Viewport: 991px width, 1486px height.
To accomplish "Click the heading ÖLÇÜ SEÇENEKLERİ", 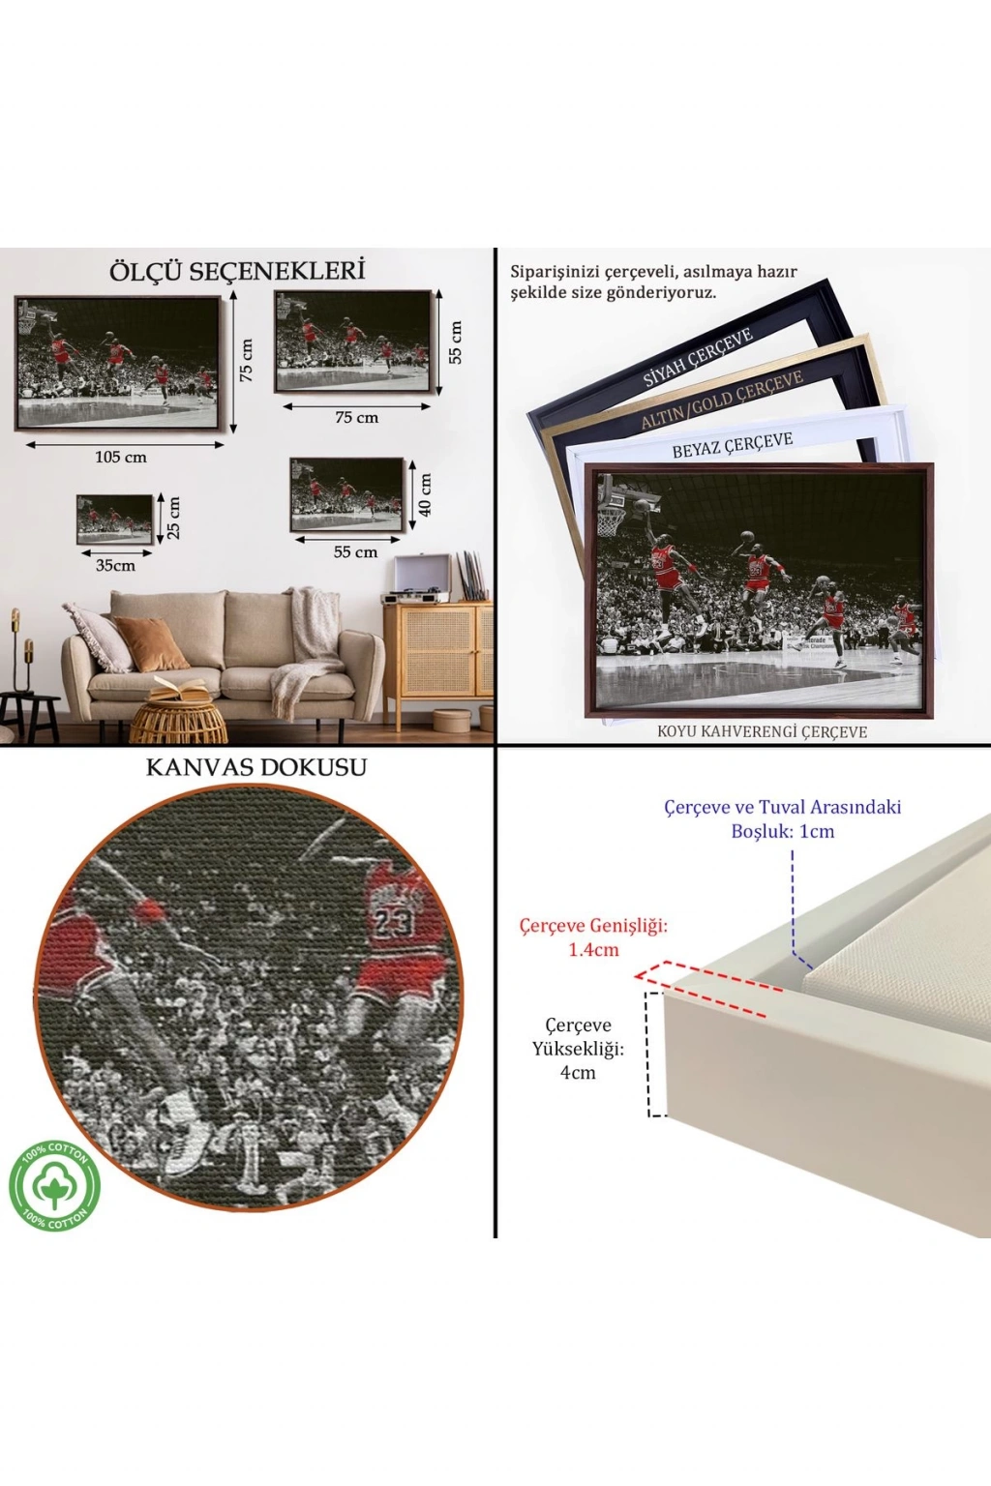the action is pos(238,271).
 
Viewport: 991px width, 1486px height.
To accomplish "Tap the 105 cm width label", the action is pos(121,457).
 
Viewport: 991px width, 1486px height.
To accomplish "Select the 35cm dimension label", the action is pos(115,565).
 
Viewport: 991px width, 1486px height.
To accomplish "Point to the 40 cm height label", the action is pos(425,494).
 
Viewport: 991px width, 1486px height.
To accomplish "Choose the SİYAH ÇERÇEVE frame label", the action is pos(698,357).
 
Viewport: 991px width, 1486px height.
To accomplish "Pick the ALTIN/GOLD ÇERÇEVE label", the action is pos(722,400).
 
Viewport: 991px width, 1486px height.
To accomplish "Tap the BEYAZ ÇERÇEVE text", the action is pos(733,445).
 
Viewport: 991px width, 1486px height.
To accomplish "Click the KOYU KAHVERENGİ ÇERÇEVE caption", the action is pos(762,731).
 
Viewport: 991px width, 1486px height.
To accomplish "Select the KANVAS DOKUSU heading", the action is pos(256,767).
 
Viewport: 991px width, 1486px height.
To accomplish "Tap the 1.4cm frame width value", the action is pos(593,949).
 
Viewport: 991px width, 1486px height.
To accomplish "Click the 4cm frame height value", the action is pos(578,1073).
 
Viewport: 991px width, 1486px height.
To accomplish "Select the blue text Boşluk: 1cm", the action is pos(783,831).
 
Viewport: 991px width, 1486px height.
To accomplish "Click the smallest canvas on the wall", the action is pos(115,520).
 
